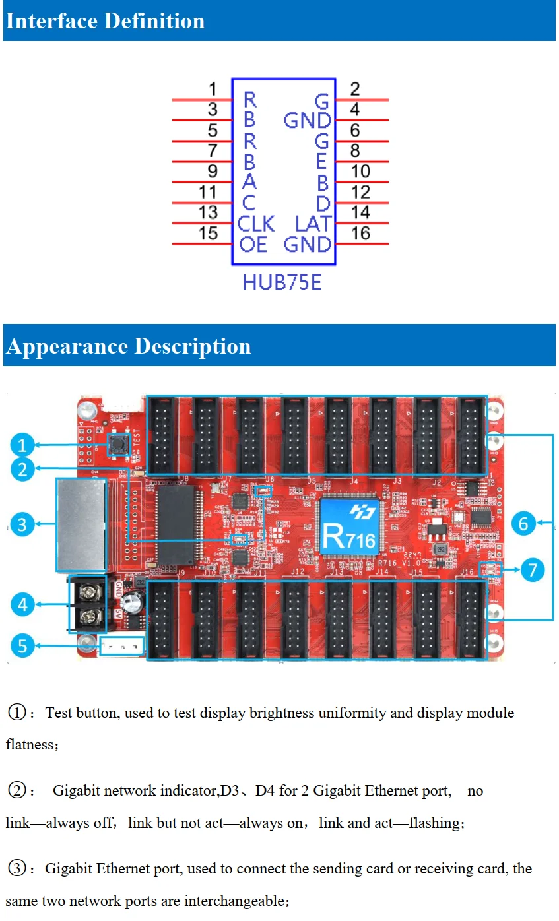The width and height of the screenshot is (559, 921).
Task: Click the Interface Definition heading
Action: click(x=105, y=21)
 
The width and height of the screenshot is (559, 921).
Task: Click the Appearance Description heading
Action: click(x=128, y=346)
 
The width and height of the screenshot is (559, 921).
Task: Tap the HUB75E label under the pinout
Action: click(x=282, y=282)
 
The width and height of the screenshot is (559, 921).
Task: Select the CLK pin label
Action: click(x=255, y=224)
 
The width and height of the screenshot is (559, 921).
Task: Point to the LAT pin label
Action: click(x=312, y=224)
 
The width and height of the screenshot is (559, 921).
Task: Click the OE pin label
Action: click(x=253, y=245)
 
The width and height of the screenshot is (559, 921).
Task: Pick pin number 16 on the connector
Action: click(x=360, y=233)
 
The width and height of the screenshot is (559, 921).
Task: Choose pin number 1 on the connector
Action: click(x=213, y=88)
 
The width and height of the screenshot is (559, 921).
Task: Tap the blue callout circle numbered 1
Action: click(x=22, y=445)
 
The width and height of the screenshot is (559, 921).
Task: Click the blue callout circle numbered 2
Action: click(x=22, y=470)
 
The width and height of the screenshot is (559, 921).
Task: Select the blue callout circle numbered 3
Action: click(x=22, y=524)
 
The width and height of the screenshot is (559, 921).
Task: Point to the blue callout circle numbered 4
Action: click(x=22, y=604)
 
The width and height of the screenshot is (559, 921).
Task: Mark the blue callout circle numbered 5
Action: click(x=22, y=645)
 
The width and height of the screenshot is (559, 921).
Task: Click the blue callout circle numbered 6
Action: click(x=523, y=524)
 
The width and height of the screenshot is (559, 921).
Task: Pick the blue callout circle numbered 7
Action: click(x=533, y=569)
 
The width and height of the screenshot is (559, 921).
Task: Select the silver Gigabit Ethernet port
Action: click(x=81, y=524)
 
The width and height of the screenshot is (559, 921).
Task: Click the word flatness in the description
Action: click(x=30, y=745)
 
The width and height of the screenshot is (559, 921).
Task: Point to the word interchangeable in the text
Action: click(x=236, y=901)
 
